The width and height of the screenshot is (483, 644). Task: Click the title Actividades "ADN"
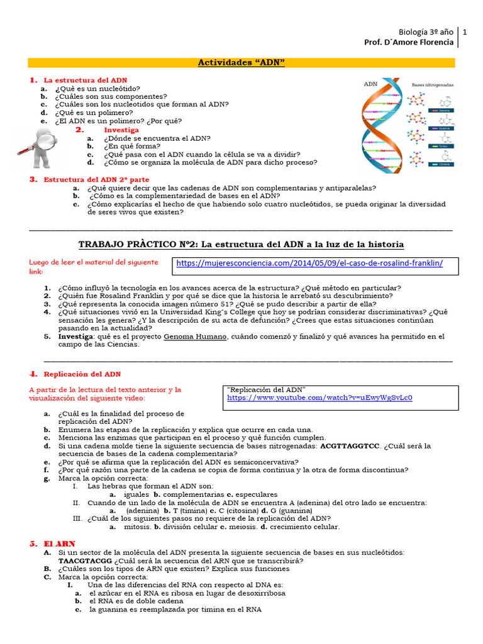click(x=241, y=62)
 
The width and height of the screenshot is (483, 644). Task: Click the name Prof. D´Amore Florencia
click(x=408, y=42)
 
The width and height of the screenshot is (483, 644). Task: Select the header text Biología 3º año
click(x=426, y=31)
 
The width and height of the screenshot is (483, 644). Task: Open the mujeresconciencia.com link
click(x=309, y=264)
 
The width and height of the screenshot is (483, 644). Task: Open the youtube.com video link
click(x=319, y=398)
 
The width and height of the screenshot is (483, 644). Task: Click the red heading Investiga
click(x=121, y=130)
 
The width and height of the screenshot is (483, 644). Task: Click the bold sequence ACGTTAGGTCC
click(x=350, y=446)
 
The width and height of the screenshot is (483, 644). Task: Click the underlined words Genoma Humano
click(x=195, y=336)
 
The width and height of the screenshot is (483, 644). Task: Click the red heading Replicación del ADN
click(x=82, y=374)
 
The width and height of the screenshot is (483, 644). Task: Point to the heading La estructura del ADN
click(x=85, y=80)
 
